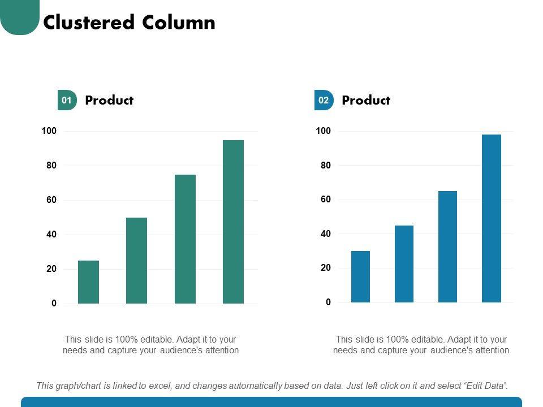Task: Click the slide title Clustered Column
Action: (x=129, y=23)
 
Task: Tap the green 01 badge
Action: (x=67, y=101)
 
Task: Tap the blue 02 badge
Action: (x=324, y=101)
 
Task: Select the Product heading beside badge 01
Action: (x=109, y=101)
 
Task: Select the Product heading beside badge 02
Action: (x=366, y=101)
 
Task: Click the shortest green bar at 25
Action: (x=88, y=282)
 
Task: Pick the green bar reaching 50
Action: (x=136, y=261)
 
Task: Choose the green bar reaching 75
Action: (x=185, y=239)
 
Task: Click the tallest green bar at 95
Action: (x=233, y=222)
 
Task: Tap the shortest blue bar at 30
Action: (x=360, y=276)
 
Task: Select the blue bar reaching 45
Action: (x=404, y=264)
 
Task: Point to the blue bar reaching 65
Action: (x=447, y=246)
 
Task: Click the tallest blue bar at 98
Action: (x=491, y=218)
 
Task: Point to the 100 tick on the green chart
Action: (x=49, y=131)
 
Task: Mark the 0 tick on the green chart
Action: (x=54, y=304)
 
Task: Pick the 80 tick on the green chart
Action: (x=51, y=166)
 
